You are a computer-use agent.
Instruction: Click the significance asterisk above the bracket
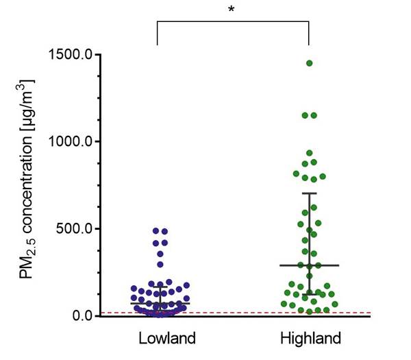(234, 10)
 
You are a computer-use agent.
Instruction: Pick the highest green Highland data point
(309, 63)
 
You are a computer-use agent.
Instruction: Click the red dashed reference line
(226, 313)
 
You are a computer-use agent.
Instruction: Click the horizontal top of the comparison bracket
(234, 21)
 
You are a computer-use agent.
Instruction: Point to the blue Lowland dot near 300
(160, 264)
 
